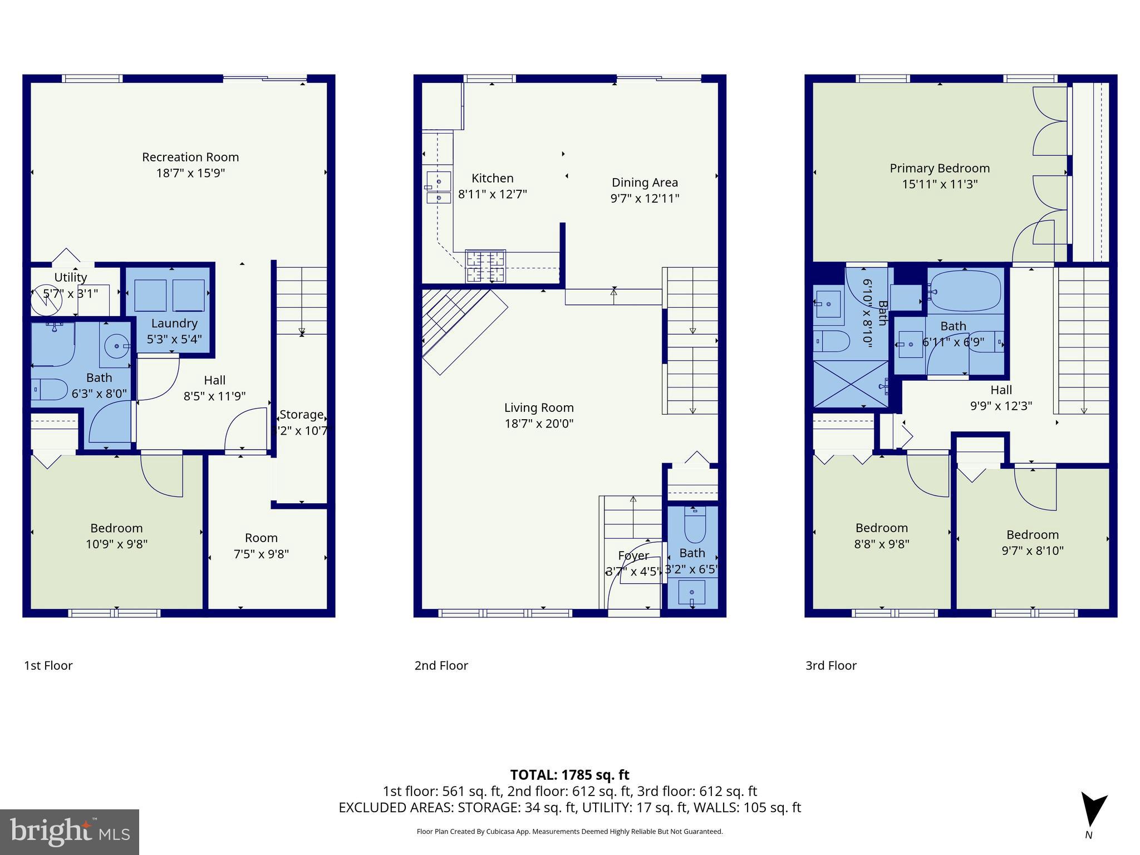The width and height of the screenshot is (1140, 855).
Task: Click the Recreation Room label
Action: point(190,158)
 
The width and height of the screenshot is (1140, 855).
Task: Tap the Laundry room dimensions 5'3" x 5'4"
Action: point(174,339)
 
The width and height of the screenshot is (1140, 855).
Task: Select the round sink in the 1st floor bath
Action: point(116,346)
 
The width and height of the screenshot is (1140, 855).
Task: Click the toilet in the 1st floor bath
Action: point(49,390)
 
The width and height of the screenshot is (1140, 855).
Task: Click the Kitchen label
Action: point(492,178)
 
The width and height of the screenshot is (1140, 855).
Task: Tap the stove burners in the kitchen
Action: point(485,267)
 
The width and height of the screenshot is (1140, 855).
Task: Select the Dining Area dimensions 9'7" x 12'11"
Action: point(645,198)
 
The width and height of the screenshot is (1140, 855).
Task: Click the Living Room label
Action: point(538,407)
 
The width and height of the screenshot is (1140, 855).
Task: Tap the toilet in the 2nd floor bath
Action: point(695,525)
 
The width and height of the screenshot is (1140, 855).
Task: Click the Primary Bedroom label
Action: point(940,168)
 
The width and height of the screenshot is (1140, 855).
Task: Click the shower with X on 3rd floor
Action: point(850,385)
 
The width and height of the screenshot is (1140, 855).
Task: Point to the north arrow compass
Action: point(1092,811)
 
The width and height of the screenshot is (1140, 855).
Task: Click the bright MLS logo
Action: point(69,832)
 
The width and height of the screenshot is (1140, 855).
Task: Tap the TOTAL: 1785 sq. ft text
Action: point(569,775)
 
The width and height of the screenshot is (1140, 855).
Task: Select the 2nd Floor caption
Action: point(441,666)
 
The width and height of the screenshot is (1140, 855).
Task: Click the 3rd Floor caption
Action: point(831,666)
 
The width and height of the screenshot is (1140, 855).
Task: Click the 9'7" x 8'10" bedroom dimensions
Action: point(1032,551)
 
